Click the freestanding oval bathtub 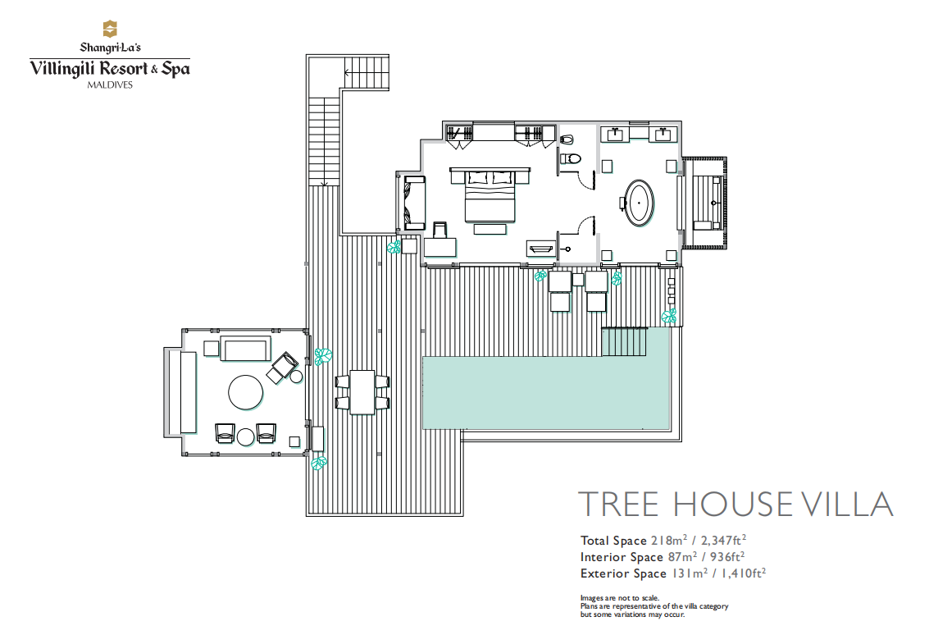pos(640,203)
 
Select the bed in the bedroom pos(490,196)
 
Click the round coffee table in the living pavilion pos(246,393)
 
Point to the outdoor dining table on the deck pos(362,392)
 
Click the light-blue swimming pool pos(546,392)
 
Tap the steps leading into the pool pos(625,341)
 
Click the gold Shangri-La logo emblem pos(110,29)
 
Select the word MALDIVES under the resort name pos(110,84)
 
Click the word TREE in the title pos(618,505)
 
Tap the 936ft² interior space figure pos(727,557)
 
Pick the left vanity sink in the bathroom pos(616,134)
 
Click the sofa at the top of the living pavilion pos(245,349)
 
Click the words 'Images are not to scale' pos(620,598)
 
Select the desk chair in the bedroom pos(440,229)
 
